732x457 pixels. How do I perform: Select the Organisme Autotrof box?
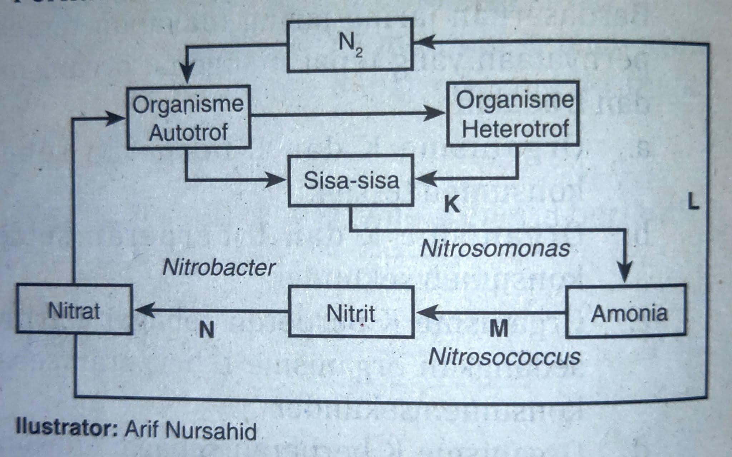pos(188,117)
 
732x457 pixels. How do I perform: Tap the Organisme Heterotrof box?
pos(513,114)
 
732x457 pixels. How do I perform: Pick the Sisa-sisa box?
pos(351,180)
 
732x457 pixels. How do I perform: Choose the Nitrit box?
pos(351,312)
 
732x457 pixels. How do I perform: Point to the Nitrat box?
pos(74,310)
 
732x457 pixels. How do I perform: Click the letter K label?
pos(451,204)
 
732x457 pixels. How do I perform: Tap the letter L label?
pos(693,202)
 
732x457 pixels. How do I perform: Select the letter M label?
pos(499,329)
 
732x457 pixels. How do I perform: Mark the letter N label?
pos(207,330)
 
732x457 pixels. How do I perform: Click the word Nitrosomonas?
pos(495,248)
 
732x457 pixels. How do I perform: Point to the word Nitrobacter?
pos(219,267)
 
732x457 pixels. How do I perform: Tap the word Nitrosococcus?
pos(504,356)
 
